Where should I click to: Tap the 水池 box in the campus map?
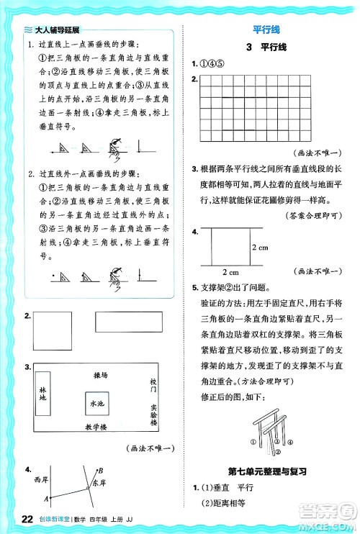[x=96, y=406]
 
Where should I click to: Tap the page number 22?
[x=28, y=519]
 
